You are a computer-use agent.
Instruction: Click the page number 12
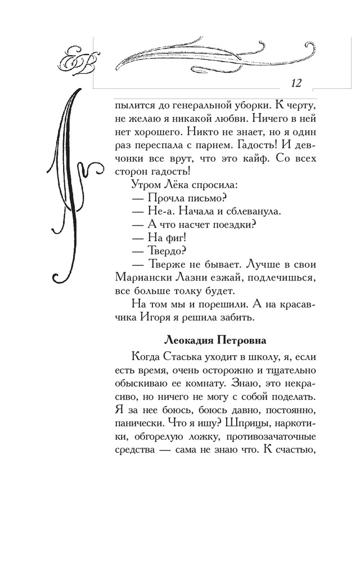296,83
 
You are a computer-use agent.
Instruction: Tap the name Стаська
196,356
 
